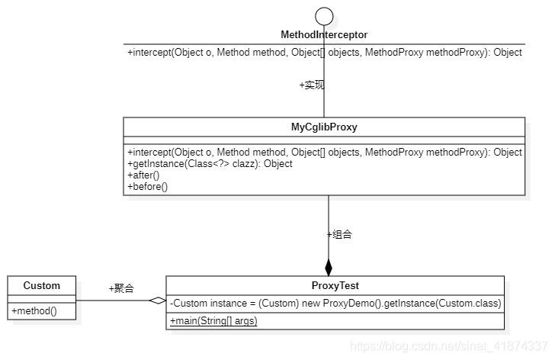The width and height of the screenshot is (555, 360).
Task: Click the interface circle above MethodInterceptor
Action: (x=325, y=15)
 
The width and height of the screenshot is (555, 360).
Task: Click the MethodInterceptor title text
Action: (x=324, y=35)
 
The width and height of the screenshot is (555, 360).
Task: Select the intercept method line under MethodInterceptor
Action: (x=325, y=53)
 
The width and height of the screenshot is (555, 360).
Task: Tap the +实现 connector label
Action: (x=312, y=85)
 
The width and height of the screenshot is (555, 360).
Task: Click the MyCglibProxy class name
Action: (x=324, y=127)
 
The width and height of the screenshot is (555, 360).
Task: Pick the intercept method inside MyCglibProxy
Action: (x=325, y=152)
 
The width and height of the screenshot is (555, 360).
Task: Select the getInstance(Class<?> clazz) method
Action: (x=210, y=163)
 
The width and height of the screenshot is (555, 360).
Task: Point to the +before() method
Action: (x=147, y=186)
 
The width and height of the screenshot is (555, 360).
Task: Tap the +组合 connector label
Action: (x=339, y=235)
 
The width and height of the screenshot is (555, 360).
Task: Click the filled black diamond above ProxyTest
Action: (x=329, y=267)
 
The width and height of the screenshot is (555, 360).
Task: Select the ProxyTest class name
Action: (x=335, y=286)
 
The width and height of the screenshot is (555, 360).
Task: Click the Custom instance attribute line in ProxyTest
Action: (x=335, y=304)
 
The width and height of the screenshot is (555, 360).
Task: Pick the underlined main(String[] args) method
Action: (x=213, y=320)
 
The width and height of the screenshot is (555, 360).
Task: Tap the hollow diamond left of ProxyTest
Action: (x=157, y=301)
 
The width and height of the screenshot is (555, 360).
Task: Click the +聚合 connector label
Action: (x=121, y=288)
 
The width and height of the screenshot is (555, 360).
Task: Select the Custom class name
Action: (x=41, y=286)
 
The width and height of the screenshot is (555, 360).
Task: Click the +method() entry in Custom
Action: (x=34, y=310)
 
